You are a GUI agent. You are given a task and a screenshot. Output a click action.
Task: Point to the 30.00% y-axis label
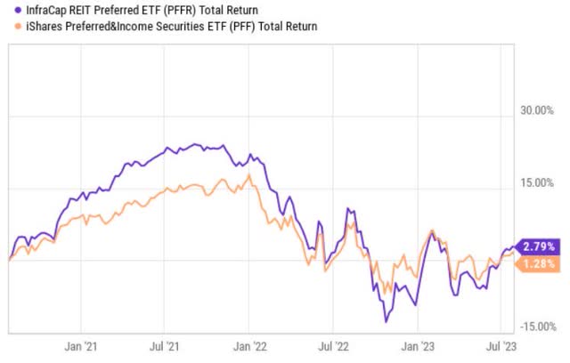[x=541, y=111]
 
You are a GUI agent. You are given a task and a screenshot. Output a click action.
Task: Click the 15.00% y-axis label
[x=541, y=183]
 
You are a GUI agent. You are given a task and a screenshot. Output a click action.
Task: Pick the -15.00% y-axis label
[x=539, y=327]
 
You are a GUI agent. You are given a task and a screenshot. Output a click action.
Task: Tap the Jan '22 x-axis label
[x=256, y=343]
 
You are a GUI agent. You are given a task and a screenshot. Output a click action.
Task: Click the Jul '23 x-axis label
[x=509, y=343]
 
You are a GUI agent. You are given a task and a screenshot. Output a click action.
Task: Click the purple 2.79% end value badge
[x=539, y=246]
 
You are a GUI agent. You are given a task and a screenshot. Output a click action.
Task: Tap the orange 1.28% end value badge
[x=539, y=263]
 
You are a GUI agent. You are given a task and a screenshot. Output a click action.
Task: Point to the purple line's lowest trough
[x=386, y=321]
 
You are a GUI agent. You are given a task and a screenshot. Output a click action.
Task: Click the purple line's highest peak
[x=193, y=143]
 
